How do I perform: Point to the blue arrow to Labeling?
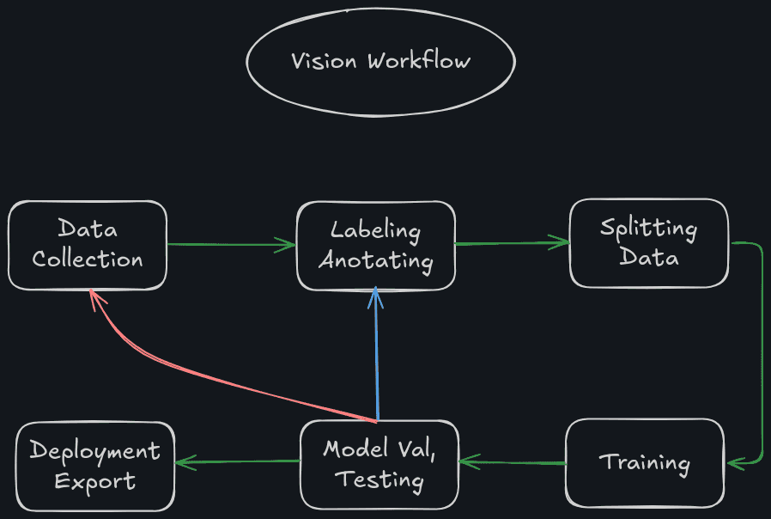point(376,352)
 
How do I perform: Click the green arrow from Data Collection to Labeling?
point(230,245)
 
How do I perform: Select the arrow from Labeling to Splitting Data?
point(512,243)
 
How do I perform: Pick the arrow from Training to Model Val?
point(512,463)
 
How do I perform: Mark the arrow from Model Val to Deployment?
point(237,462)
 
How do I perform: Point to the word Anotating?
point(375,259)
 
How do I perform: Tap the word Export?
point(95,480)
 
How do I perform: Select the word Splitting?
point(648,229)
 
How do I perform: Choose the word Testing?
point(379,479)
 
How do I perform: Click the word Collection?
point(88,259)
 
